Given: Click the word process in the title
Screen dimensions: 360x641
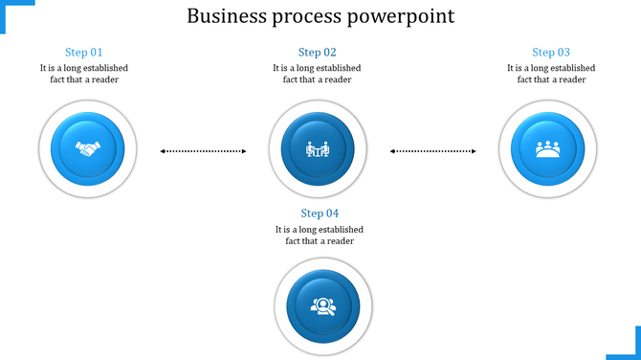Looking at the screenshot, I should coord(310,17).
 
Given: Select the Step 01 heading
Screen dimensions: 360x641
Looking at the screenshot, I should coord(83,53).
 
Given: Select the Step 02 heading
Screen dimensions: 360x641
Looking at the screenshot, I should coord(317,53).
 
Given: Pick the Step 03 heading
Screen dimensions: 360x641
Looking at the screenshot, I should coord(551,53).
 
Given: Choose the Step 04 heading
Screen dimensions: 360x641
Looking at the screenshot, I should coord(320,214).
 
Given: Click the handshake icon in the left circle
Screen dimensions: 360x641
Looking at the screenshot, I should coord(88,149).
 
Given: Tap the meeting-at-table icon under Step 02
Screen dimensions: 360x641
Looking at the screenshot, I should coord(318,149).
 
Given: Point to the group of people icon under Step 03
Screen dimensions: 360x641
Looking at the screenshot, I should coord(547,149).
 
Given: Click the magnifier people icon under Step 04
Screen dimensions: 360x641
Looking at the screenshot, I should coord(321,306).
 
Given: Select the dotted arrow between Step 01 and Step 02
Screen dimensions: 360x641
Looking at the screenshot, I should coord(203,150).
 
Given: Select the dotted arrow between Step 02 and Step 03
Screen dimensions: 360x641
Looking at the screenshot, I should coord(433,150).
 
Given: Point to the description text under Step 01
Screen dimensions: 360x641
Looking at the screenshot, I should coord(84,74).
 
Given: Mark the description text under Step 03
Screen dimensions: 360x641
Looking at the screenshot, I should coord(551,74).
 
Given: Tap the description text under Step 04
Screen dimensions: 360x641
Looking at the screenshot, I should coord(320,236).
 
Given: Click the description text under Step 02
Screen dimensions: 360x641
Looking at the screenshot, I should coord(317,74).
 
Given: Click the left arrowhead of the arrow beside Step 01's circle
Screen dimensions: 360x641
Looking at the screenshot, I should coord(163,150).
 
